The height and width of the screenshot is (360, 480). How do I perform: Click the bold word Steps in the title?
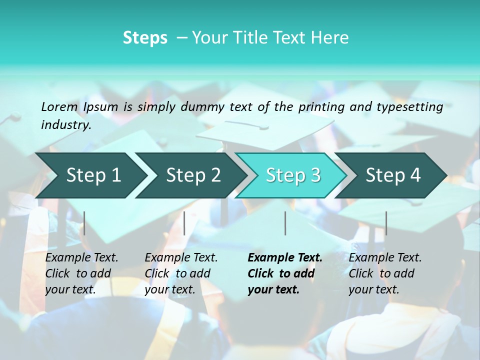click(x=145, y=38)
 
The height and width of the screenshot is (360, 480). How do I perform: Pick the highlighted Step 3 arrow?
click(x=293, y=175)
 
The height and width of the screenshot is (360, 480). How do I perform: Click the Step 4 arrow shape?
click(x=393, y=175)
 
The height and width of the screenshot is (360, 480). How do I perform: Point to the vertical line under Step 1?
click(x=84, y=223)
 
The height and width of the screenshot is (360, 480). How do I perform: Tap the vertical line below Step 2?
click(x=184, y=223)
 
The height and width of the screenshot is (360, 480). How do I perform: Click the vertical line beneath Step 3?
click(x=285, y=223)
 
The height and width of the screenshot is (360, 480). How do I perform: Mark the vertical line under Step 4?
click(x=386, y=223)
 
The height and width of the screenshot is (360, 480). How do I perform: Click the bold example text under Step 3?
click(x=284, y=273)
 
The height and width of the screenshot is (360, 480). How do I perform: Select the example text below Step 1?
click(x=81, y=273)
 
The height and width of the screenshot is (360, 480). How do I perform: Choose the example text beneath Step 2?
click(x=181, y=273)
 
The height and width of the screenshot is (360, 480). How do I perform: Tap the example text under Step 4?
click(x=385, y=273)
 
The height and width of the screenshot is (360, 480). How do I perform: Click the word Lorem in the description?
click(x=59, y=107)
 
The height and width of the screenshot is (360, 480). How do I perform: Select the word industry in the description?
click(x=66, y=125)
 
